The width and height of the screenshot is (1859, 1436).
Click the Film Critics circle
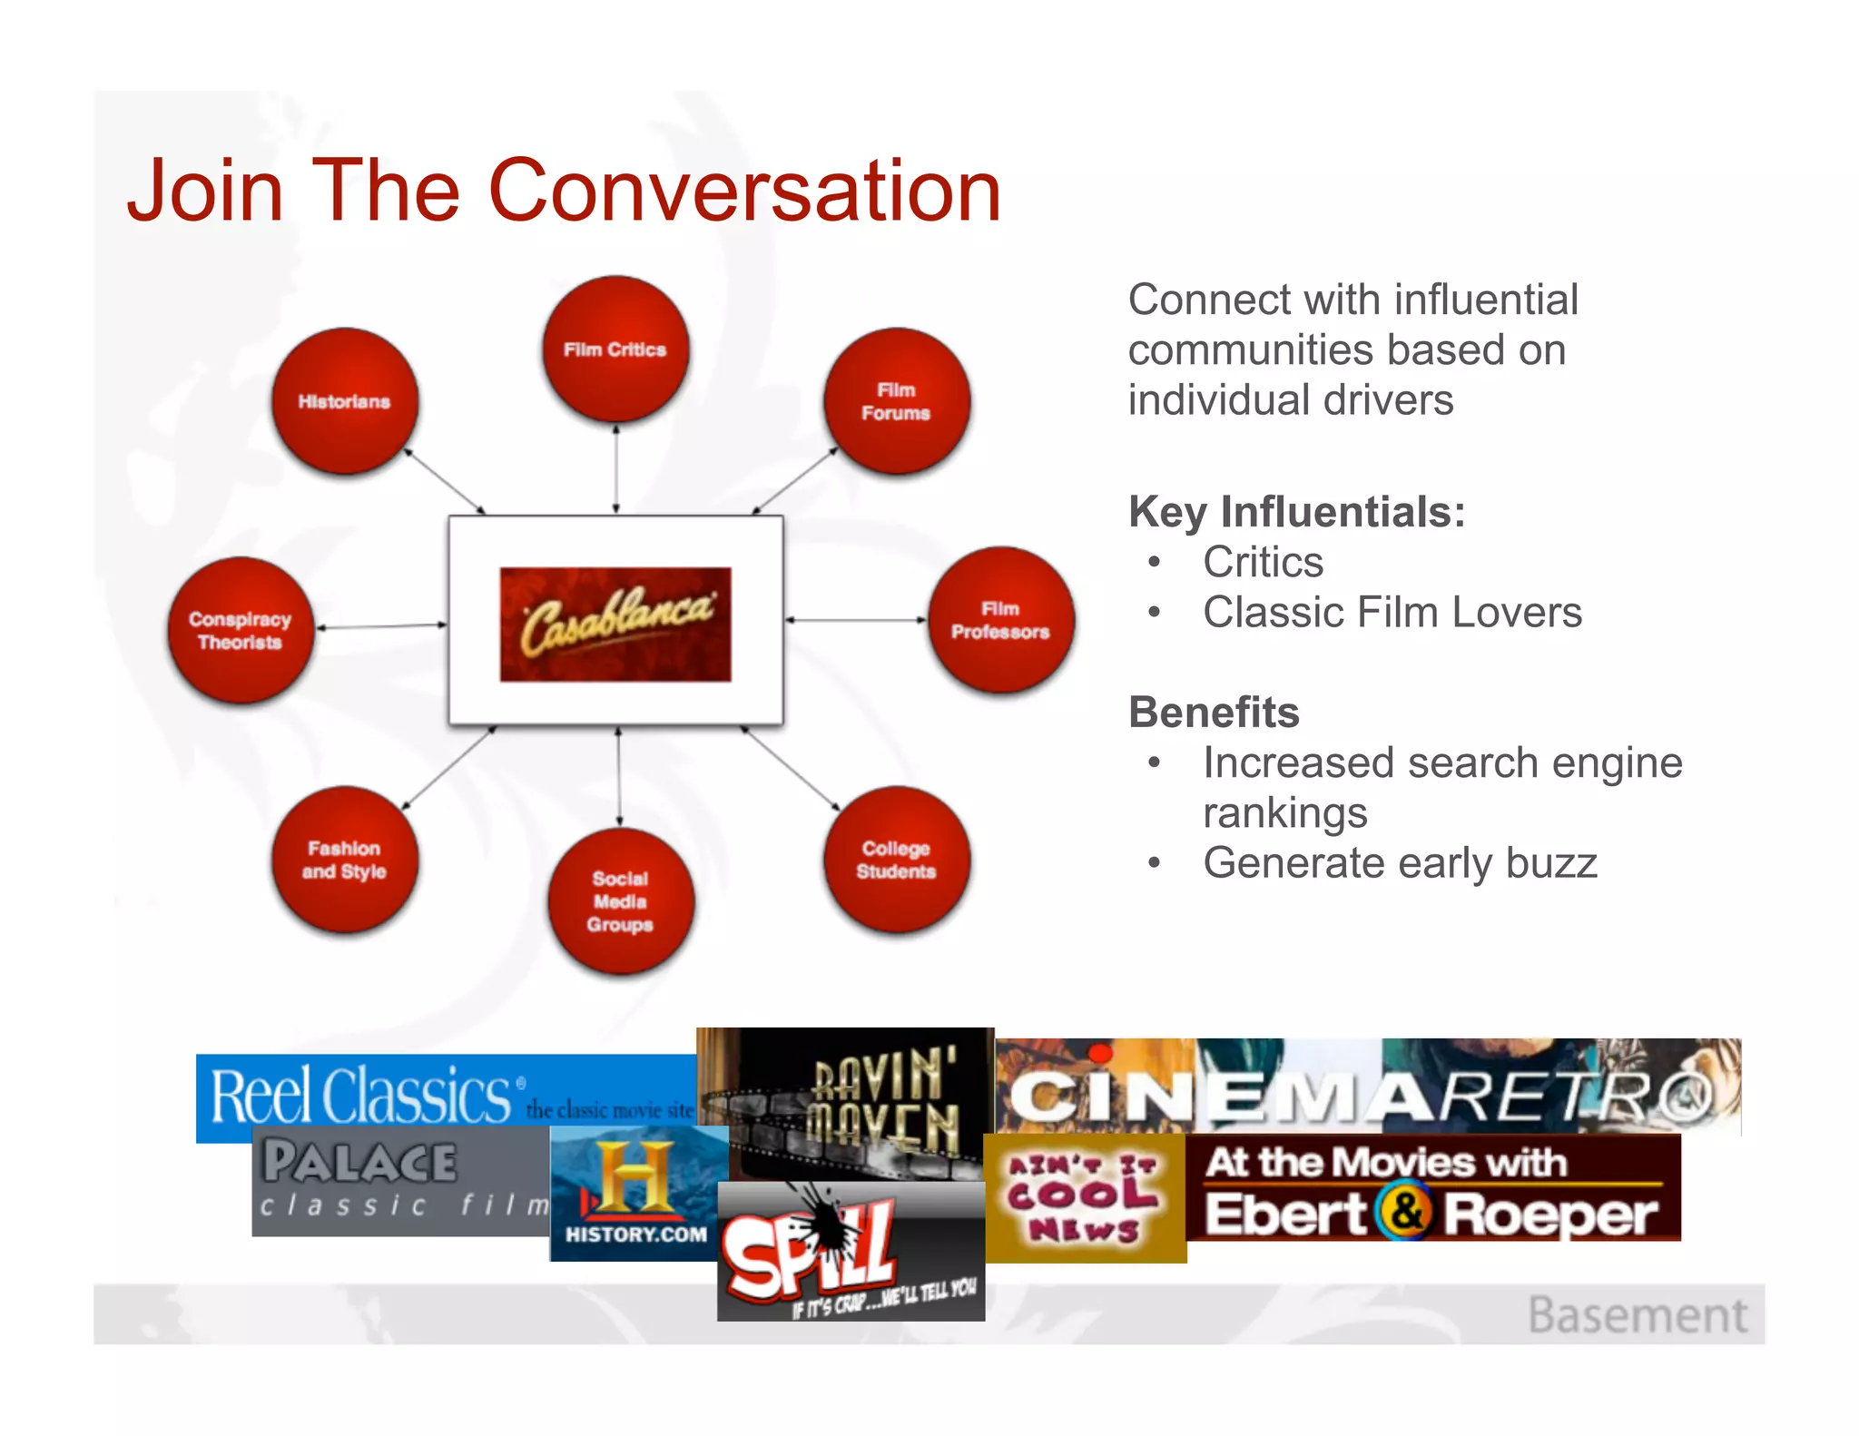pos(615,349)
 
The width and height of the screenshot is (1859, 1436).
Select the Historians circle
pos(345,401)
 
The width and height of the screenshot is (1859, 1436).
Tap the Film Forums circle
pos(897,401)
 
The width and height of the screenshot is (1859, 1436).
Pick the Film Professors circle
pos(1000,620)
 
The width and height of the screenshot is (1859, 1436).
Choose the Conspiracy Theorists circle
pos(241,630)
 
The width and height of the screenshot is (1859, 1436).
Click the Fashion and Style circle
pos(345,860)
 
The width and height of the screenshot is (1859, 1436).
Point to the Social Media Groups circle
pos(621,900)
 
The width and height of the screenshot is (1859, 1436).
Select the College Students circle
pos(897,860)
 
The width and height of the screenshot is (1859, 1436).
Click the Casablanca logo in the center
pos(615,625)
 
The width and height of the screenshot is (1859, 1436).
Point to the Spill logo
pos(850,1251)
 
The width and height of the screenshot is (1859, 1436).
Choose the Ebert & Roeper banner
pos(1432,1187)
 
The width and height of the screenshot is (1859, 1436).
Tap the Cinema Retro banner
pos(1367,1087)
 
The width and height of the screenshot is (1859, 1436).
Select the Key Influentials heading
pos(1296,512)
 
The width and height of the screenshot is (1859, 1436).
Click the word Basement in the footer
pos(1637,1315)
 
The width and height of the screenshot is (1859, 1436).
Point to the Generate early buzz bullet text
pos(1400,863)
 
